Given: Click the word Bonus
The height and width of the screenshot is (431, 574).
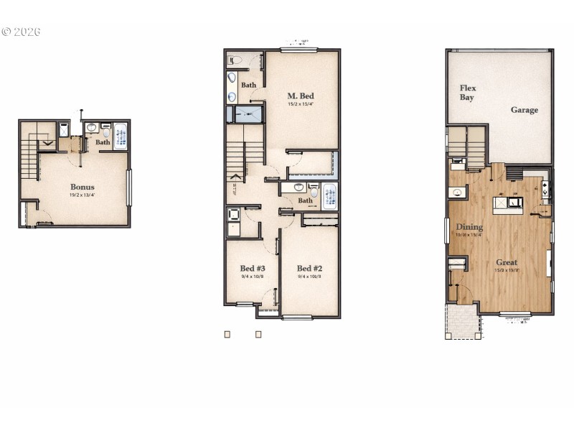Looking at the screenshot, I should point(82,187).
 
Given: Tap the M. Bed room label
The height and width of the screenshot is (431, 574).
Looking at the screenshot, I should point(301,96).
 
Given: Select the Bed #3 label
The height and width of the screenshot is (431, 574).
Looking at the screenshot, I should point(252,268).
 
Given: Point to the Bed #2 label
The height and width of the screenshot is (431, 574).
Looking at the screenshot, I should point(309,268).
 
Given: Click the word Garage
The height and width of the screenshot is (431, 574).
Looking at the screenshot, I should point(524,110).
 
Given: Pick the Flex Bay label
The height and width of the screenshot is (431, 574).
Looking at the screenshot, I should point(468,93).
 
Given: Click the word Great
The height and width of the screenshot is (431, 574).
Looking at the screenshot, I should point(506,262).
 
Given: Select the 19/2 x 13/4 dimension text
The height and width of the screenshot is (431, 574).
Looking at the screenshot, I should point(82,195).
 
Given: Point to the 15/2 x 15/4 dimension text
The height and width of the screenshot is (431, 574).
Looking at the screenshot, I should point(301,104).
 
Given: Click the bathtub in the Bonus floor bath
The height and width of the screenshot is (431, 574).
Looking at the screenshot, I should point(120,135).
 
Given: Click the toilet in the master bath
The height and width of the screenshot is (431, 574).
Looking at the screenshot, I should point(234,60).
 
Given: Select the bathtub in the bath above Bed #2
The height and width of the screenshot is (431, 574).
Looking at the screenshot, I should point(329,195).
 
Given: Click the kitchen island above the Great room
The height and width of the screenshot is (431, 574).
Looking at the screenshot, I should point(507,203).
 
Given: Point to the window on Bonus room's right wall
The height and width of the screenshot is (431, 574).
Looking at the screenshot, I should point(128,187).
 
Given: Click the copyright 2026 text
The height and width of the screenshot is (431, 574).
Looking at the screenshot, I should point(21,32).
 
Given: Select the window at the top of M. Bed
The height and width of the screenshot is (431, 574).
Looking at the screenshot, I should point(298,50).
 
